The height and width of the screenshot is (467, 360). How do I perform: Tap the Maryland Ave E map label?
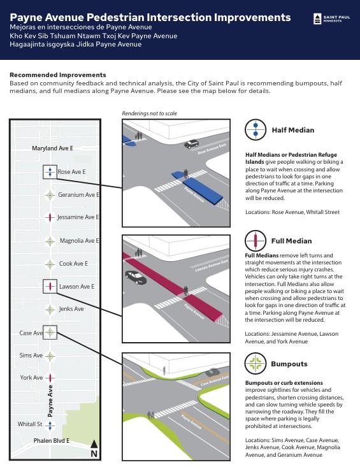pos(53,148)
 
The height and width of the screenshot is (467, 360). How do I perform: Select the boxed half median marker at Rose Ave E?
pos(50,171)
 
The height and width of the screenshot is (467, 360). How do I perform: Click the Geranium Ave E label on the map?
pos(78,195)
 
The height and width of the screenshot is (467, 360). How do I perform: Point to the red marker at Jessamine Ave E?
pos(50,217)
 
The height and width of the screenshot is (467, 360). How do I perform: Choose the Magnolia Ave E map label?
pos(79,241)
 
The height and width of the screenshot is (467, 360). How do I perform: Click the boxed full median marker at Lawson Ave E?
pos(50,287)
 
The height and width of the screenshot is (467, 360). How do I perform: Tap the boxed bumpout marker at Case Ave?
pos(50,332)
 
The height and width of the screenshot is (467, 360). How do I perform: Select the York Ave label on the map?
pos(31,378)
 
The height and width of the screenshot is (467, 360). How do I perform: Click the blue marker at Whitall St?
pos(50,424)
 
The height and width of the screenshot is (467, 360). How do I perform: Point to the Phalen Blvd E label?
pos(52,441)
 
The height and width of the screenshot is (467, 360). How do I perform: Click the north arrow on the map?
pos(94,447)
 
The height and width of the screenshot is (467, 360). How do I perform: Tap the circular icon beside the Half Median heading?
pos(256,129)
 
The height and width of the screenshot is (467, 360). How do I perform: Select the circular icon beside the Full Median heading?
pos(256,241)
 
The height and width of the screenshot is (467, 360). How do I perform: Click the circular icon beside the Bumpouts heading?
pos(256,364)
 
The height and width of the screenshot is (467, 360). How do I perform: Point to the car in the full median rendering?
pos(136,277)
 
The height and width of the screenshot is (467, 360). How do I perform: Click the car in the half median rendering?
pos(191,144)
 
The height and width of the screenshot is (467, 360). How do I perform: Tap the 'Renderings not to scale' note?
pos(149,113)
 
